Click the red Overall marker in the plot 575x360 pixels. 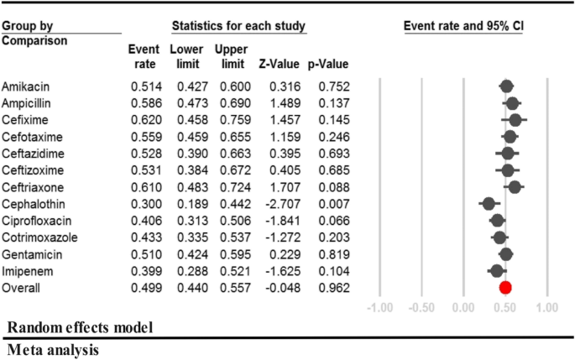click(x=505, y=288)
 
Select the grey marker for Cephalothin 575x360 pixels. click(x=489, y=203)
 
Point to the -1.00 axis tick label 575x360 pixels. click(x=381, y=307)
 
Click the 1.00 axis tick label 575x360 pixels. click(x=546, y=307)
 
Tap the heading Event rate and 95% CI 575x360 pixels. click(x=464, y=26)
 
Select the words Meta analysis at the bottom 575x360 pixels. click(x=50, y=349)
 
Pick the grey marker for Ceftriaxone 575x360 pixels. click(x=515, y=186)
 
